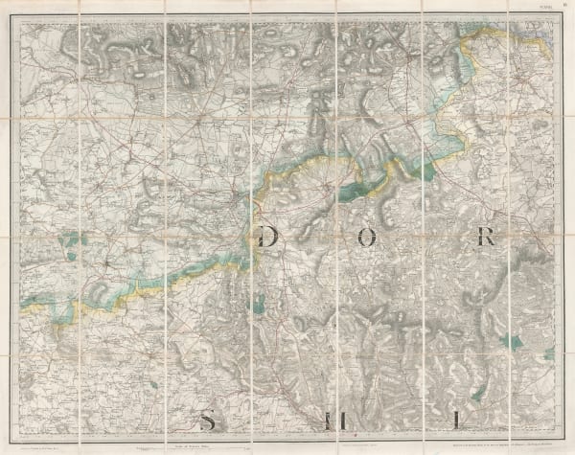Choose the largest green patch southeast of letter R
click(516, 341)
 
